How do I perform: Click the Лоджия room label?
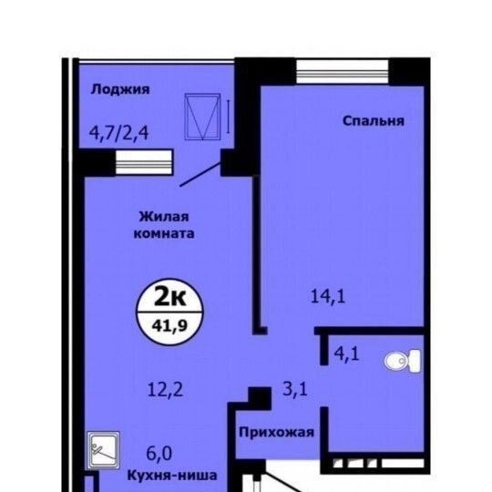point(120,90)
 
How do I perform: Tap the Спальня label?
point(373,121)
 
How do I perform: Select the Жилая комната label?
point(164,225)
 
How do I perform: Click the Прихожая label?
point(276,433)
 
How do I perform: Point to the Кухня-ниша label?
point(172,476)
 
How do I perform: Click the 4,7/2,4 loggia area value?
point(119,133)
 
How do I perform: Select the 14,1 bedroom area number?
point(328,296)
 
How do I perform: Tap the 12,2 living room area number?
point(165,390)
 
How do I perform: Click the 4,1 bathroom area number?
point(346,354)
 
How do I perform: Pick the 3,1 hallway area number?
point(295,390)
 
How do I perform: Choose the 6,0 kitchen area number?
point(159,454)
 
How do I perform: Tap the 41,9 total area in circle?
point(169,326)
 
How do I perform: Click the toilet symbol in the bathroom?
point(403,361)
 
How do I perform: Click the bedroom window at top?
point(343,71)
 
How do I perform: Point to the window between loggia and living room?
point(144,162)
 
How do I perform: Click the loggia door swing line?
point(200,174)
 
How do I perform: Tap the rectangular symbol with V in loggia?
point(202,117)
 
